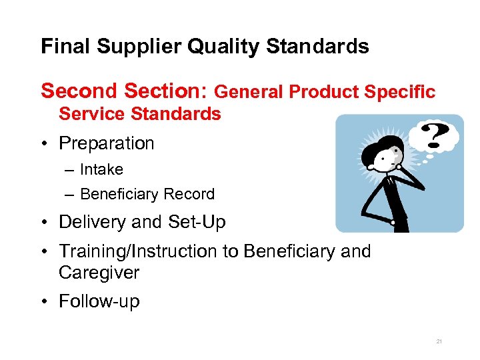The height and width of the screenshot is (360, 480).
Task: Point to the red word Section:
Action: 171,91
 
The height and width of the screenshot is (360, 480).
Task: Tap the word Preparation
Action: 106,144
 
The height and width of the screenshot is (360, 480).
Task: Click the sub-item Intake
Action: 101,170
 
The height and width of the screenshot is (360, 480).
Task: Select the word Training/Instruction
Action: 147,251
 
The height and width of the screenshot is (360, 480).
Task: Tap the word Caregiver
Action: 99,273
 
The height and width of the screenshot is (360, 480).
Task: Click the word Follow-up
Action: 99,301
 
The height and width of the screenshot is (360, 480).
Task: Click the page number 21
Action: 439,341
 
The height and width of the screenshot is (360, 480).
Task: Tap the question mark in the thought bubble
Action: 435,135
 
